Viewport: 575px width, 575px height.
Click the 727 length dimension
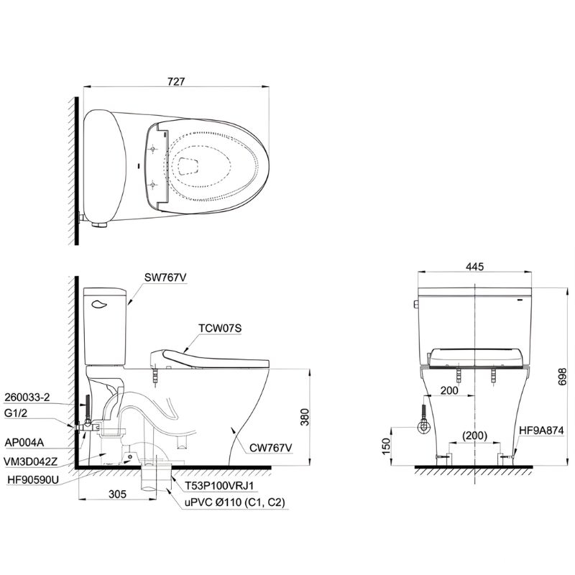click(176, 81)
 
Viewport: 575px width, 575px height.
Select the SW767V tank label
click(165, 277)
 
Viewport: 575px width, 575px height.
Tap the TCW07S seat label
click(220, 328)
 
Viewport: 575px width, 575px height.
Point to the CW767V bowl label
click(271, 448)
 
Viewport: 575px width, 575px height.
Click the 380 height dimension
click(305, 417)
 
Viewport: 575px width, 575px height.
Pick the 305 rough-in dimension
click(117, 494)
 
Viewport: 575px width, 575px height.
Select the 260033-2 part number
click(27, 397)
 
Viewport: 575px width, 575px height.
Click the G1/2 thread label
click(15, 413)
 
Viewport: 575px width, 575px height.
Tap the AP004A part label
click(24, 443)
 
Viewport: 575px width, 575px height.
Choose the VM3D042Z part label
click(31, 461)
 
